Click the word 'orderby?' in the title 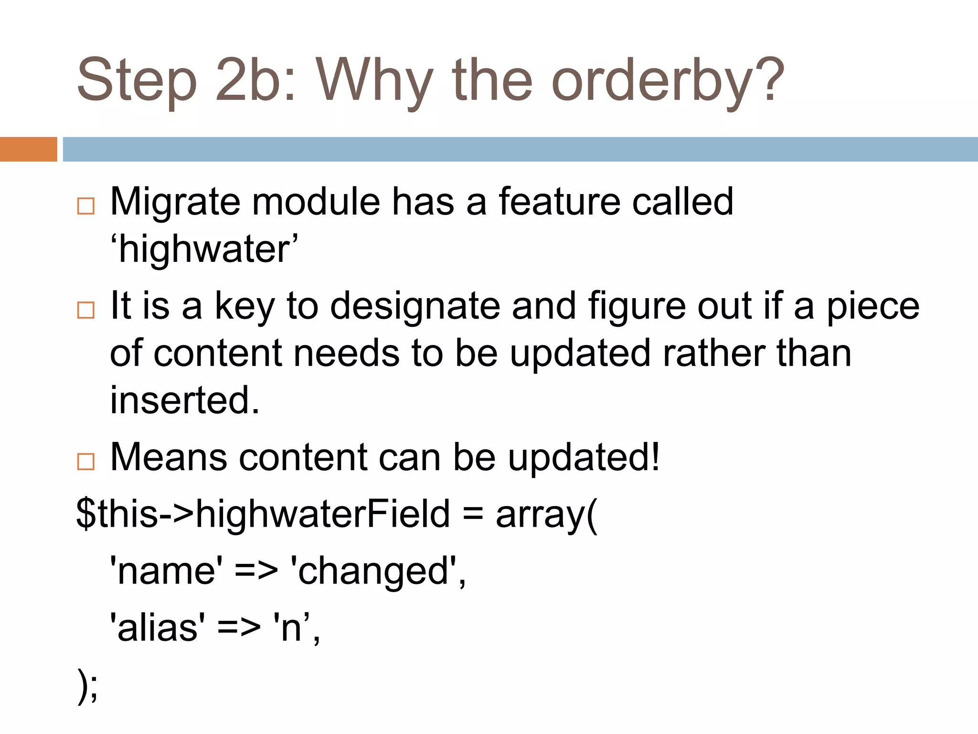pos(668,81)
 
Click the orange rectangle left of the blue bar pos(28,149)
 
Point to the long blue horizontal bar pos(520,149)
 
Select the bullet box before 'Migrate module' pos(86,206)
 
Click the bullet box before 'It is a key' pos(86,310)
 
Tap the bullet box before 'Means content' pos(86,462)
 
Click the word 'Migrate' pos(175,203)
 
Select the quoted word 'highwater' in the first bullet pos(204,249)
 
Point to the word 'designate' pos(415,306)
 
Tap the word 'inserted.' pos(185,400)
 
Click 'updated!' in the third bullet pos(584,458)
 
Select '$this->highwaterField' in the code pos(263,514)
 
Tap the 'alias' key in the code pos(158,628)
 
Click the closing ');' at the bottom pos(87,686)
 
